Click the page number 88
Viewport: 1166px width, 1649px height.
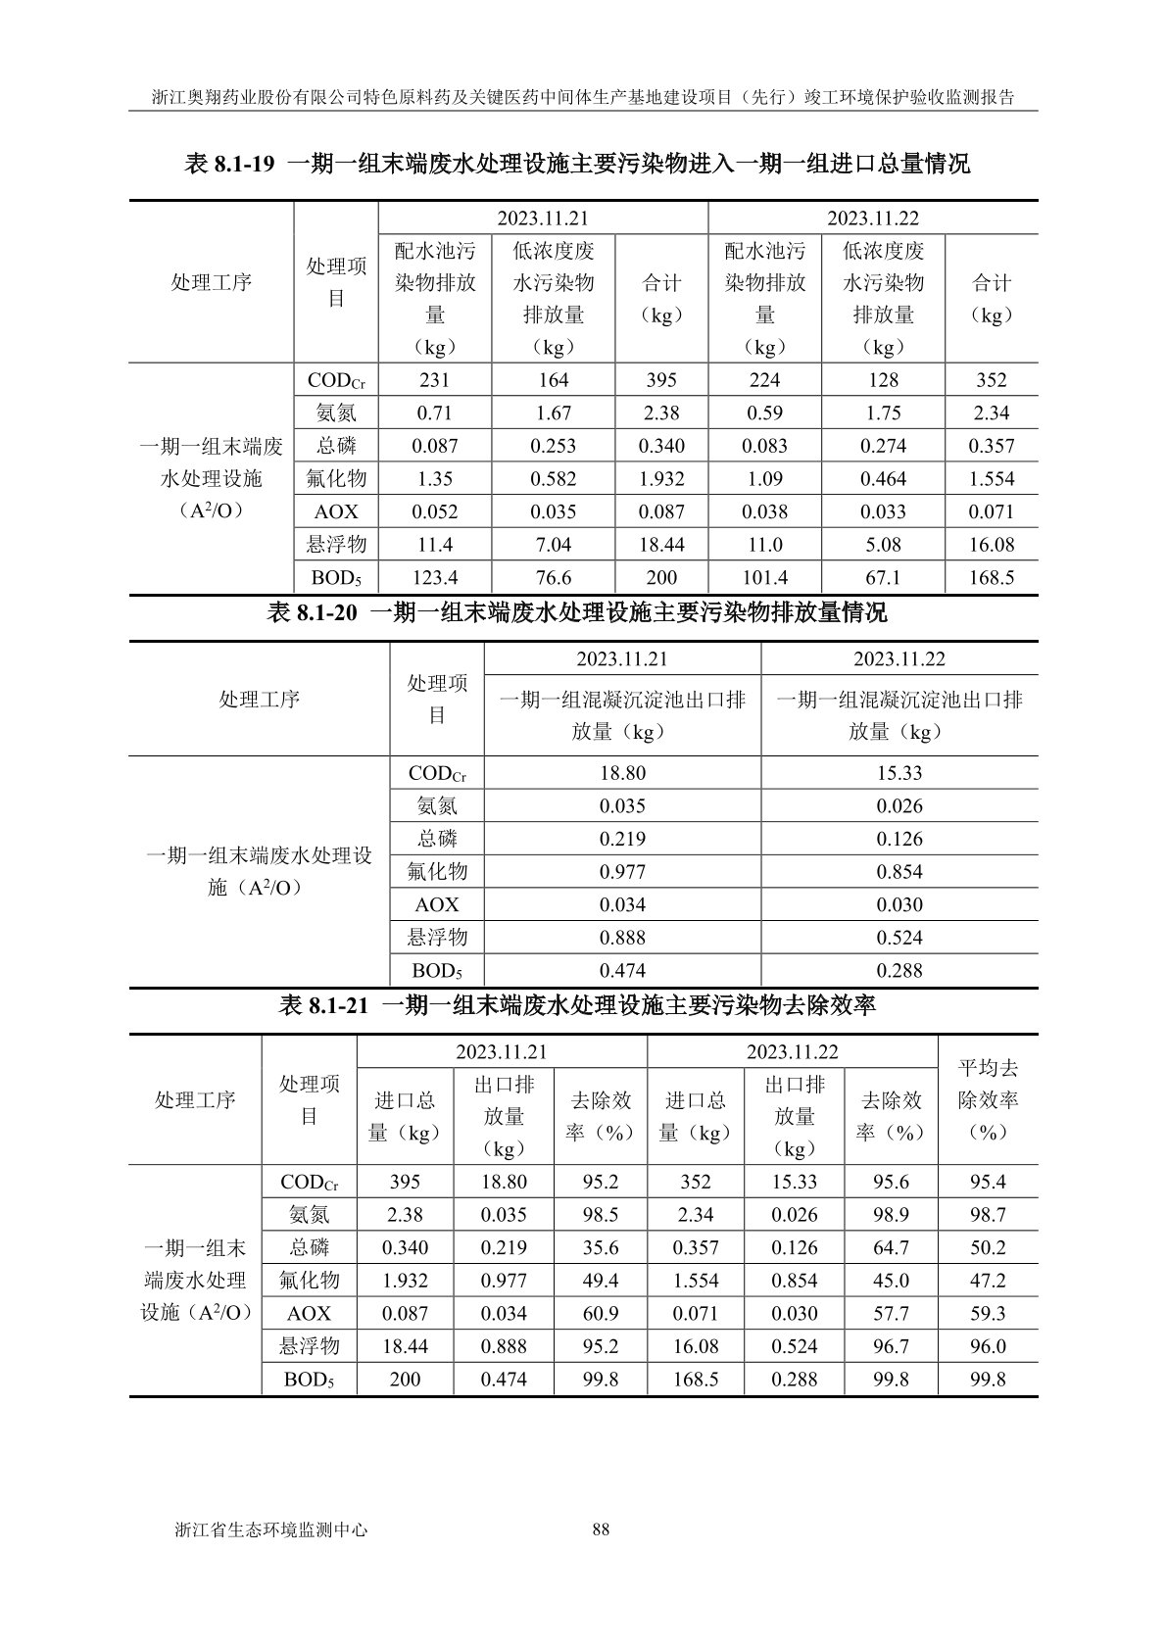click(x=602, y=1528)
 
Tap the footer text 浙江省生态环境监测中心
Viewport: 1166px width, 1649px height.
click(x=269, y=1528)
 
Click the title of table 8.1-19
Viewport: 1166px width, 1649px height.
click(x=577, y=164)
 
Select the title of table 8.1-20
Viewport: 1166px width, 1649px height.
click(x=577, y=613)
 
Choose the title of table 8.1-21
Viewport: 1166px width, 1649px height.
click(x=577, y=1005)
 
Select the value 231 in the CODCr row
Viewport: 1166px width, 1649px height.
click(x=434, y=380)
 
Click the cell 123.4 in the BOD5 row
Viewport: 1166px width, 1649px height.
click(x=434, y=578)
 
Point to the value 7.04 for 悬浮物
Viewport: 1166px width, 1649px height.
click(x=553, y=545)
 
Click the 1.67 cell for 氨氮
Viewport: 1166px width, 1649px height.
click(x=553, y=413)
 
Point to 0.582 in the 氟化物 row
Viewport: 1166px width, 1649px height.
click(x=553, y=479)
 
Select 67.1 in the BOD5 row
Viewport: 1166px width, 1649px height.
click(x=883, y=578)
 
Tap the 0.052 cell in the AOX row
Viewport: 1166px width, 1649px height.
click(x=434, y=511)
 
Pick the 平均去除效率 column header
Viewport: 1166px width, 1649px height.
click(x=988, y=1099)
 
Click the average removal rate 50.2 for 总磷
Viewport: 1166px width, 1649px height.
click(x=988, y=1248)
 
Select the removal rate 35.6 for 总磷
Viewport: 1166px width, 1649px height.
click(x=601, y=1248)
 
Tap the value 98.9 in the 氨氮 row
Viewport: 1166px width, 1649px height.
click(x=891, y=1215)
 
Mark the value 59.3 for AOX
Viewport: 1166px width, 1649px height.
click(x=988, y=1314)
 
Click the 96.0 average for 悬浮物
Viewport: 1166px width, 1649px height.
click(x=988, y=1347)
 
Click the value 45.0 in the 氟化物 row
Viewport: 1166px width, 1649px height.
click(x=891, y=1281)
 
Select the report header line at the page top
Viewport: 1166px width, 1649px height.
click(x=582, y=97)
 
